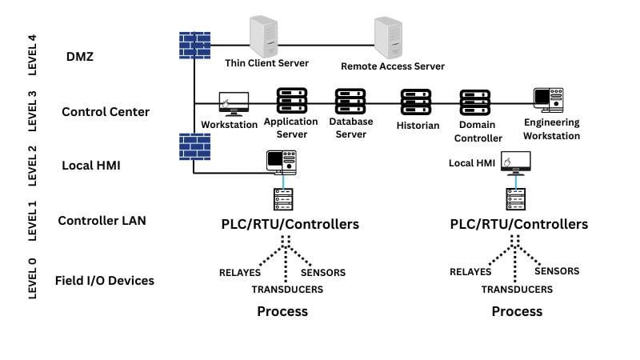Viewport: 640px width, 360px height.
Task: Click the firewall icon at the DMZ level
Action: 194,44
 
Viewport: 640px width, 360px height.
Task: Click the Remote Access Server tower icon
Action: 390,36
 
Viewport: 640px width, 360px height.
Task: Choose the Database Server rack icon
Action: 350,101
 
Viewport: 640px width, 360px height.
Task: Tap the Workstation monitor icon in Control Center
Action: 234,103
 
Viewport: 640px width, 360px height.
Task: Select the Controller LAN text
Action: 102,221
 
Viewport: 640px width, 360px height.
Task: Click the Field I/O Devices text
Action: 104,281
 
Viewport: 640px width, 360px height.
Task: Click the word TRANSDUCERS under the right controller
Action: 517,290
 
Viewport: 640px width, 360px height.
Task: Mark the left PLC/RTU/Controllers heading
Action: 290,224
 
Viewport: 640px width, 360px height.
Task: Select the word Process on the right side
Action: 516,311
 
